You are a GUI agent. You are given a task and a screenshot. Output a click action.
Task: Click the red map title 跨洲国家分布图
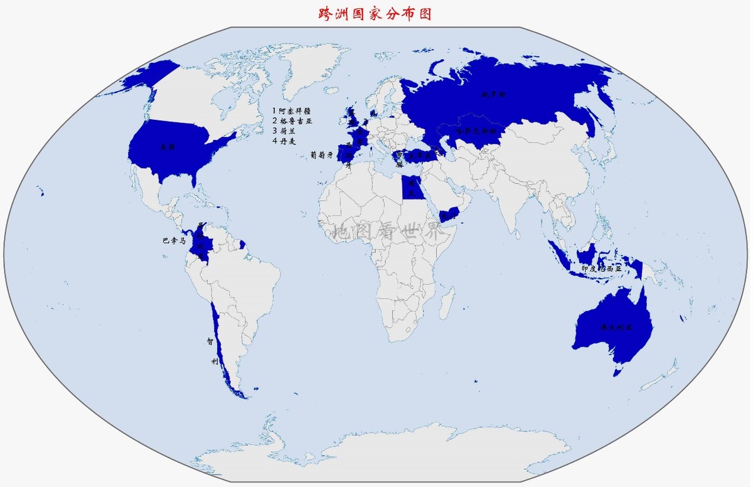(x=375, y=13)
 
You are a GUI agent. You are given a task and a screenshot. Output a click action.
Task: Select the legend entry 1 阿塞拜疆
(x=292, y=110)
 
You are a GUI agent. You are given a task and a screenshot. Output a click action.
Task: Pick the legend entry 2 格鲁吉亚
(x=292, y=120)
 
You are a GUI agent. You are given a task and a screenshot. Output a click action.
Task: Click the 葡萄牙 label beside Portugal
(x=321, y=154)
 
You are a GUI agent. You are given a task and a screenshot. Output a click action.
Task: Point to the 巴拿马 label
(x=174, y=240)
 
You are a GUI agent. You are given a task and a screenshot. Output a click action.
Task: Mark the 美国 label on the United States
(x=167, y=146)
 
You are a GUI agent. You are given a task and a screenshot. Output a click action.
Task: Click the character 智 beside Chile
(x=210, y=342)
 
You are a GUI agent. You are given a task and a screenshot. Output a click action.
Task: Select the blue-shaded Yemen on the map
(x=448, y=215)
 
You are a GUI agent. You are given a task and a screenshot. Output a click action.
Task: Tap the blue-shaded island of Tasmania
(x=617, y=372)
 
